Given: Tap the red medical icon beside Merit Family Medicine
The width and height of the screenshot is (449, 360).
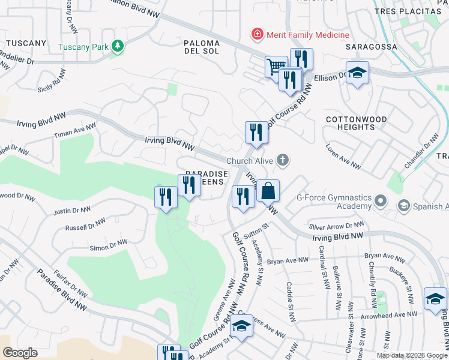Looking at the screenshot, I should click(x=258, y=34).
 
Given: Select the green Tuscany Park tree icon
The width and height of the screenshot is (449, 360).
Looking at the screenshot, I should click(x=119, y=46).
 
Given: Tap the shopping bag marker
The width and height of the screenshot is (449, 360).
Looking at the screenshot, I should click(x=268, y=191).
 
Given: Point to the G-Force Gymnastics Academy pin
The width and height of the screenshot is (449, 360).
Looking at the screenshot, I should click(x=381, y=200).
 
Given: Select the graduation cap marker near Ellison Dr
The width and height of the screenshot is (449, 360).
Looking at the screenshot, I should click(x=357, y=74).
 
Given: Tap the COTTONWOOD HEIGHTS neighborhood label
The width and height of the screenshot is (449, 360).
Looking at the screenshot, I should click(x=355, y=123).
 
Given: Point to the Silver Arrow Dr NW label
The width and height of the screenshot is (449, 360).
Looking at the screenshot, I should click(x=337, y=226).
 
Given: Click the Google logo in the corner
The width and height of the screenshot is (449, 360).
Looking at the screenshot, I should click(x=20, y=353).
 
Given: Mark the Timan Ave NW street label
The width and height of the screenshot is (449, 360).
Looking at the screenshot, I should click(x=74, y=131).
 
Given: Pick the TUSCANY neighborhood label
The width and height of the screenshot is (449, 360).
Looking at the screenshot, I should click(x=26, y=43).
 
